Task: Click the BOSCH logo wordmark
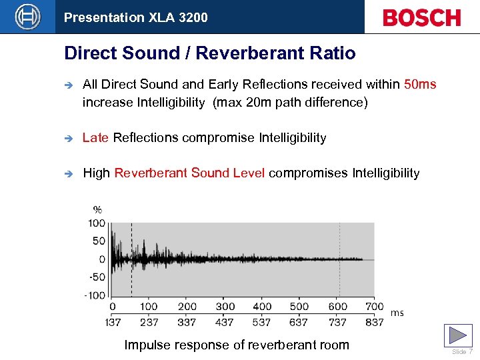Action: click(421, 17)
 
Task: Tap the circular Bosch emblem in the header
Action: click(27, 17)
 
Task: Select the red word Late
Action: click(95, 138)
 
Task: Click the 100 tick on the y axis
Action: click(97, 223)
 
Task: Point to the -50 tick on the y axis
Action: click(97, 277)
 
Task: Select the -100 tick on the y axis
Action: click(95, 295)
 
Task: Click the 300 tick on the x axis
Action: click(225, 307)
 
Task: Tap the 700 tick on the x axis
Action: click(375, 307)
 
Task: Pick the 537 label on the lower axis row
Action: click(262, 322)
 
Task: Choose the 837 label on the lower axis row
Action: click(375, 322)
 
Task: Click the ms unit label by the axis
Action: click(397, 313)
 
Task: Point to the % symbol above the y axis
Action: click(97, 209)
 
